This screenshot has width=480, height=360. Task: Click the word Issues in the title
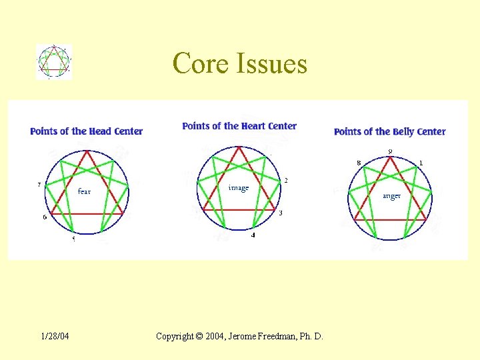point(271,64)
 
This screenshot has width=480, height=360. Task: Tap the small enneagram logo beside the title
point(54,62)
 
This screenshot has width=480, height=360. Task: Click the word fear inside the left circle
point(84,191)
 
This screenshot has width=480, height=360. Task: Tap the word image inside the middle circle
point(238,188)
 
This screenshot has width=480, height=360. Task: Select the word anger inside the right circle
point(391,196)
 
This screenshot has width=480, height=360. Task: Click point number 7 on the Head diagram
point(39,185)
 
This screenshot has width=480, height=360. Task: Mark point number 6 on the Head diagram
point(45,217)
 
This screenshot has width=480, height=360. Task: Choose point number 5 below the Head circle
point(73,239)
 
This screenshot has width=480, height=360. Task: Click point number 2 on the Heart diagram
point(286,181)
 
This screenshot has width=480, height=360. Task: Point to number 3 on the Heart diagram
point(281,213)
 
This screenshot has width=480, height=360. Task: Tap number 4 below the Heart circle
point(253,235)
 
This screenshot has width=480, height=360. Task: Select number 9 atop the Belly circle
point(390,151)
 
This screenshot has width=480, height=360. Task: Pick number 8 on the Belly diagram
point(359,163)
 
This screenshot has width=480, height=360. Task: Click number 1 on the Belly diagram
point(421,163)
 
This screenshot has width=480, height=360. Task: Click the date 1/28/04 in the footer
point(55,336)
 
